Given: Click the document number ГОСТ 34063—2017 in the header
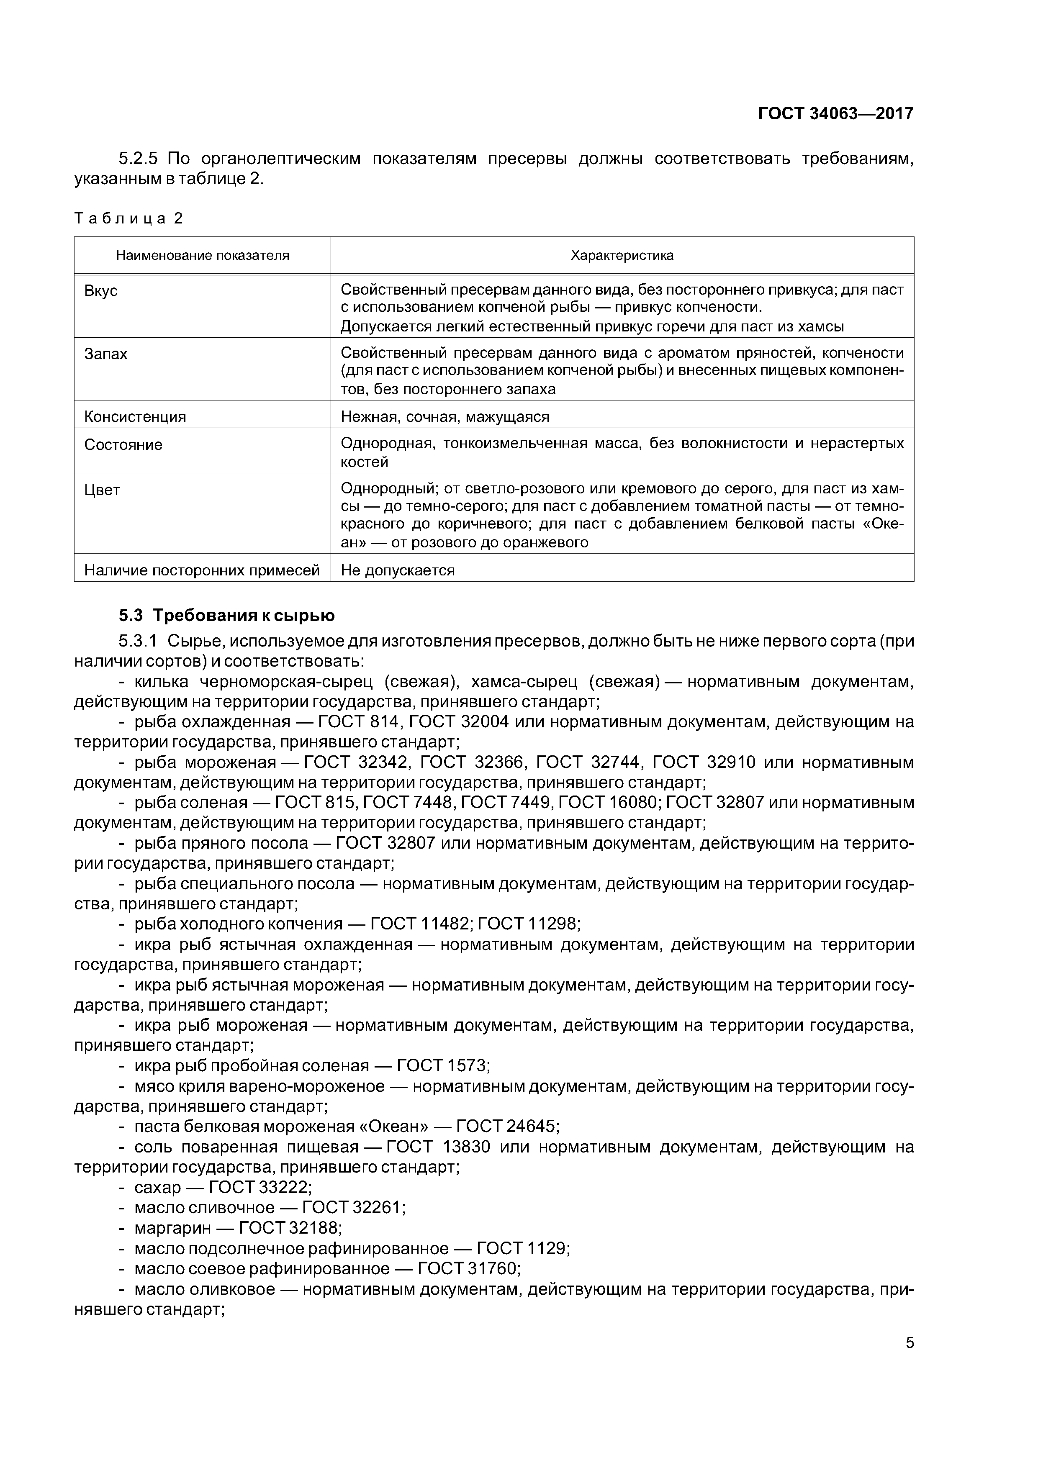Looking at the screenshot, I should tap(835, 114).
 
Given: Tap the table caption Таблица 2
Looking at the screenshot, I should tap(128, 219).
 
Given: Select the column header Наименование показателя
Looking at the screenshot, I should tap(202, 256).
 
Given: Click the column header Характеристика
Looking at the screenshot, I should tap(622, 256).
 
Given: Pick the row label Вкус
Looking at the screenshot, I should tap(101, 291).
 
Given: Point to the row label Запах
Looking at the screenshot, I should tap(105, 354).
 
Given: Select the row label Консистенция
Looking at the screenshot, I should tap(135, 417).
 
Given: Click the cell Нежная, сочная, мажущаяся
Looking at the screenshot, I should tap(444, 417).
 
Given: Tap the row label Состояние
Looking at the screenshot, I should tap(123, 445).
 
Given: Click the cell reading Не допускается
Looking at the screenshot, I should tap(397, 570).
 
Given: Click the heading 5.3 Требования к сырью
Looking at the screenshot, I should tap(226, 616).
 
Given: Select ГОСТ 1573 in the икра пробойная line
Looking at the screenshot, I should tap(442, 1066).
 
